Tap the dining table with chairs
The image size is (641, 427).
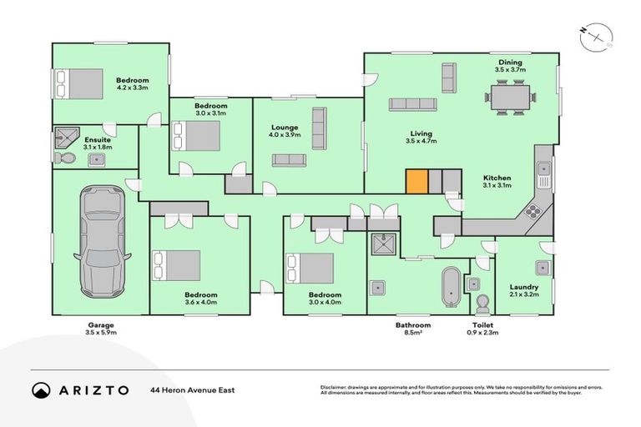click(508, 99)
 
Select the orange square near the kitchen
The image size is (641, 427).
click(416, 181)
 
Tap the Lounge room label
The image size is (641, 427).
click(284, 128)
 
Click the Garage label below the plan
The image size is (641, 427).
click(100, 324)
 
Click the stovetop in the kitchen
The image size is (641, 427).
click(532, 211)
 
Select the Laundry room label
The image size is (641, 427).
click(523, 288)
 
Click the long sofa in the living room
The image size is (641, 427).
click(412, 104)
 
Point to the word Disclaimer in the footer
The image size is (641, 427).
click(335, 387)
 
